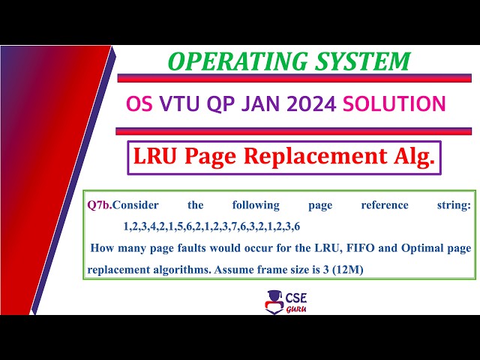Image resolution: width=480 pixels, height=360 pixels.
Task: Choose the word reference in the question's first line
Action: [384, 205]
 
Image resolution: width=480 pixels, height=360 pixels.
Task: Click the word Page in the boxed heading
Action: [224, 156]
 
